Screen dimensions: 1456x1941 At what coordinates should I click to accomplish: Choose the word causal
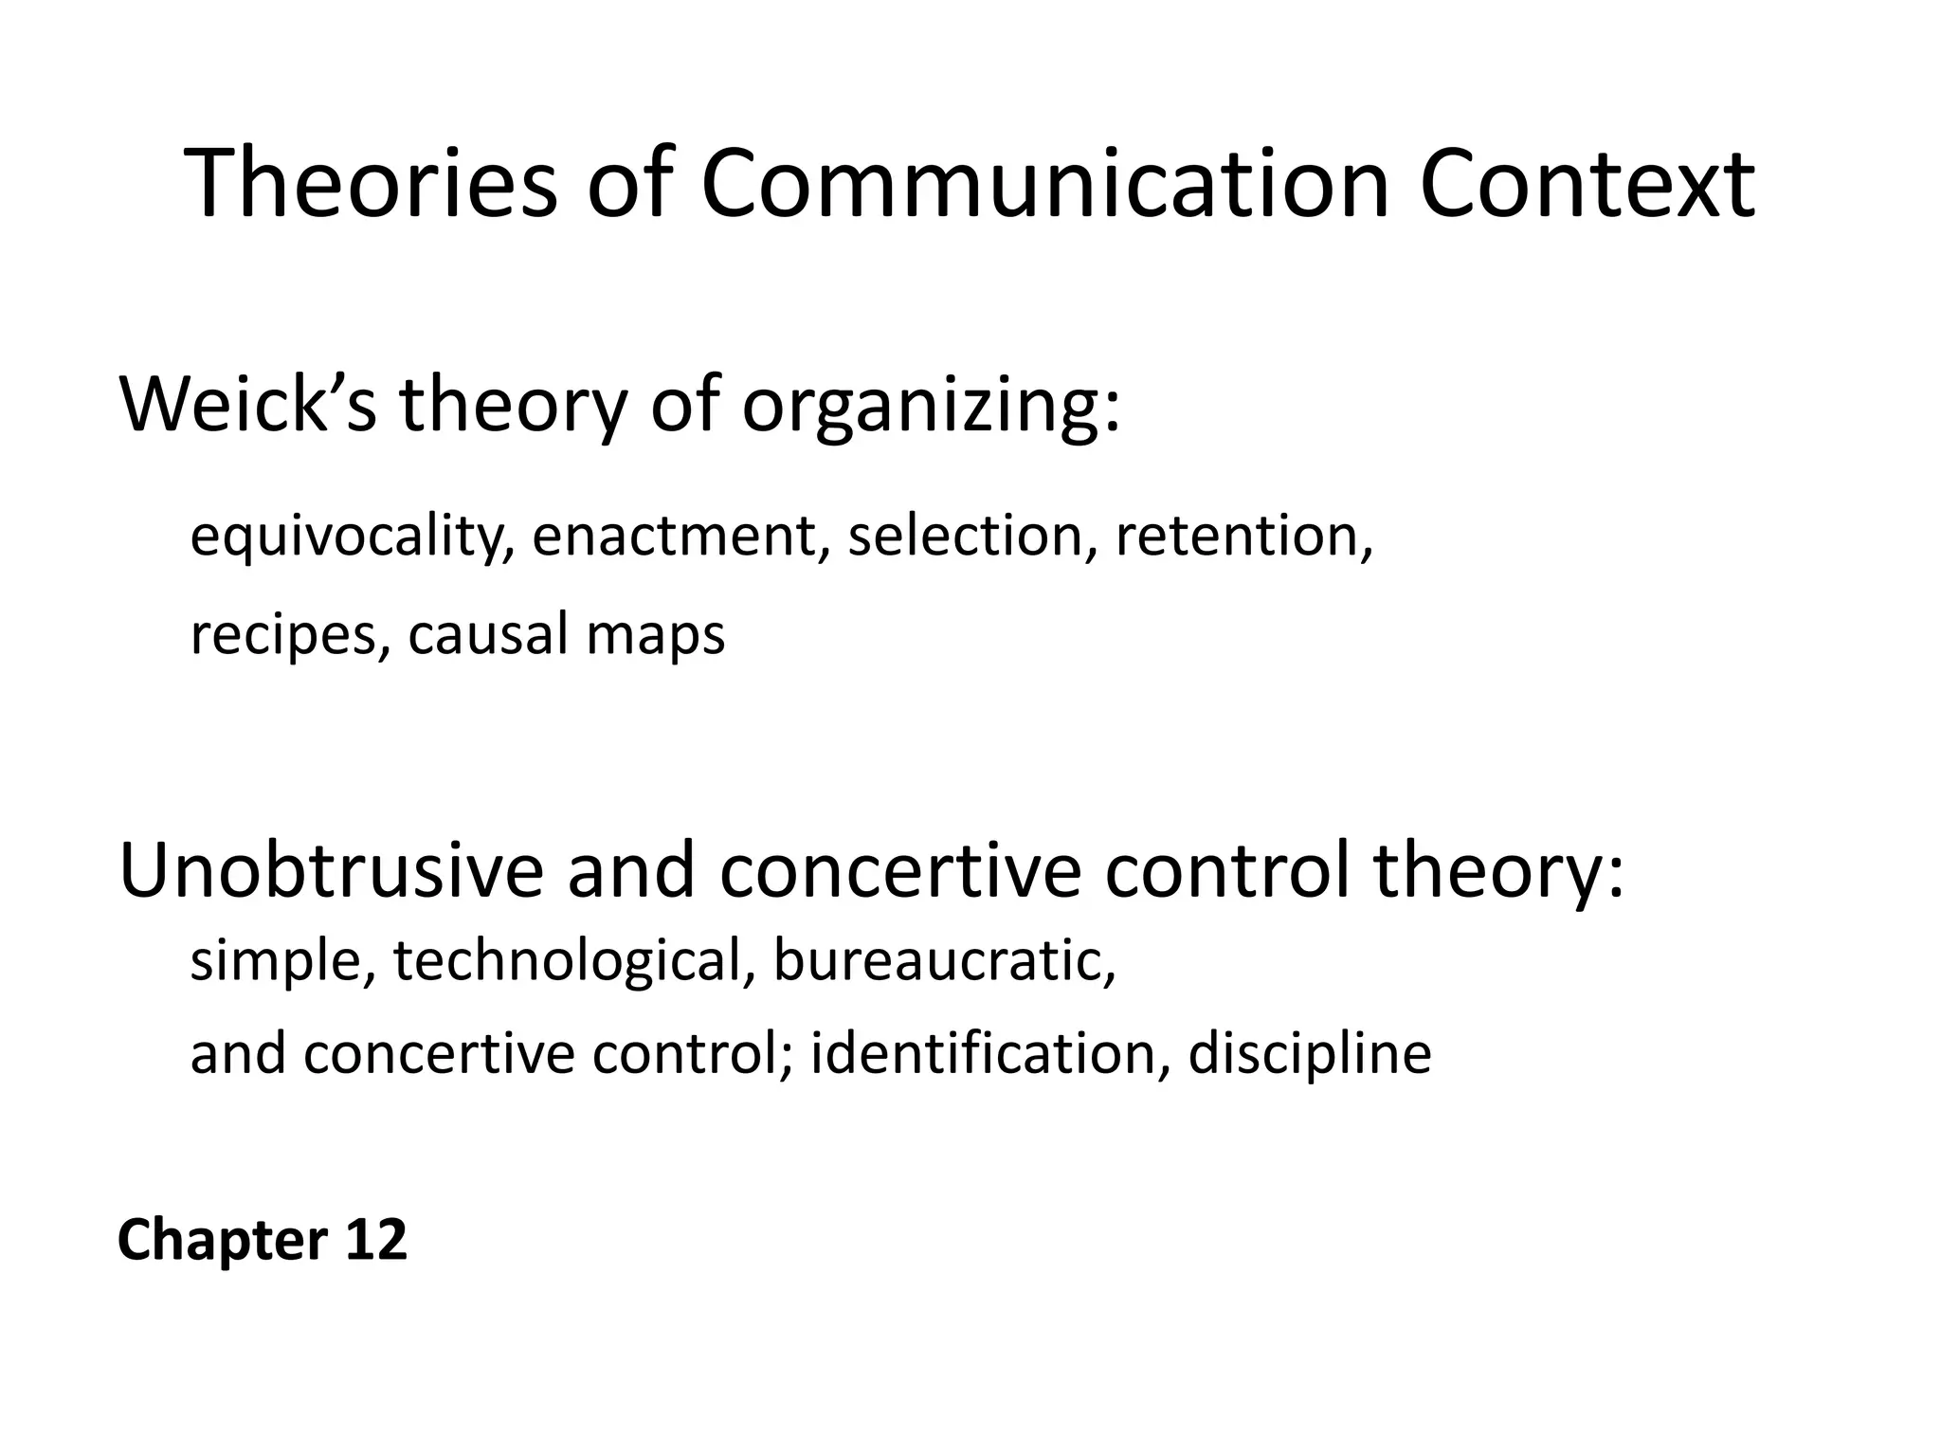tap(487, 633)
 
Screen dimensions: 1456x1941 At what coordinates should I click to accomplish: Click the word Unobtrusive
tap(332, 870)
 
